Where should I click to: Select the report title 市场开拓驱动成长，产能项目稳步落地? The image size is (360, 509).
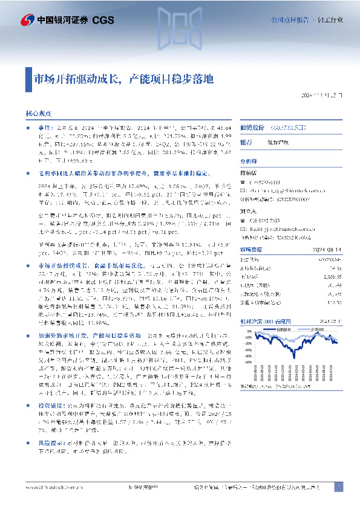click(x=123, y=79)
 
